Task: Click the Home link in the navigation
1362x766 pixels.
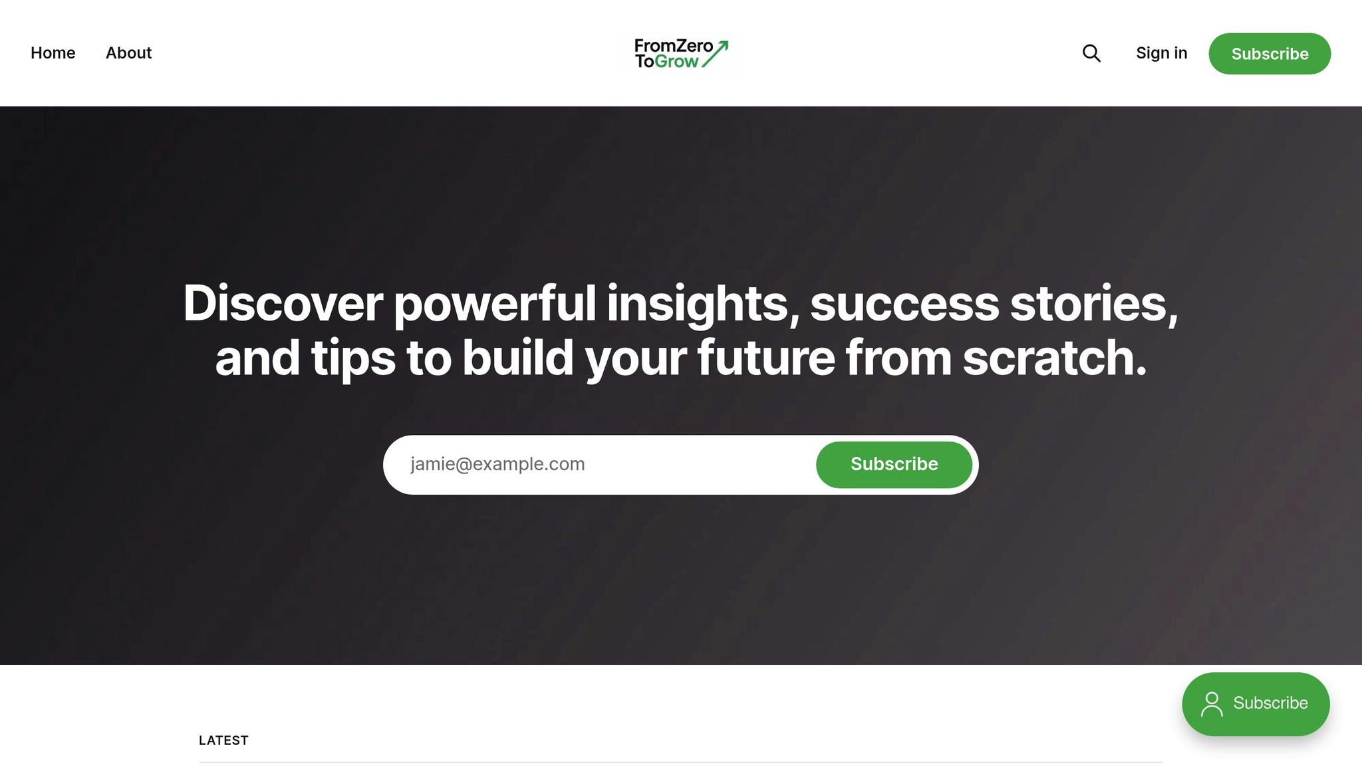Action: click(x=53, y=53)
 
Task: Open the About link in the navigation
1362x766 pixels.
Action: click(x=128, y=53)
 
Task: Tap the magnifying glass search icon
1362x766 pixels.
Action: click(x=1091, y=53)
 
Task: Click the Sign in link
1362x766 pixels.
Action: click(x=1161, y=53)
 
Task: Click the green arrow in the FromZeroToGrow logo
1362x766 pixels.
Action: click(x=716, y=53)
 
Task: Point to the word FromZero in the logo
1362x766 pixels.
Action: click(x=673, y=46)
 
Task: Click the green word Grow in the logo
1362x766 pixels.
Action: click(x=676, y=61)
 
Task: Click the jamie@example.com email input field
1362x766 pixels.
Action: click(x=599, y=464)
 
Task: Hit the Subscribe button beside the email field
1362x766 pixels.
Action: click(x=894, y=464)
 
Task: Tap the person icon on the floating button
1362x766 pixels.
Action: click(x=1212, y=704)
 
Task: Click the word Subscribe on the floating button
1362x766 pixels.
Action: click(x=1270, y=703)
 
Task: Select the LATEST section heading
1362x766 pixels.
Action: click(x=223, y=740)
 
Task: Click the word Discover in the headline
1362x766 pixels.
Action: click(x=283, y=303)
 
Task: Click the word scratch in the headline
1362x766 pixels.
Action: click(x=1055, y=358)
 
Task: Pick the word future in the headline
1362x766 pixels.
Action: click(x=765, y=358)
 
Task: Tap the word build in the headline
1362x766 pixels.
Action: click(x=517, y=358)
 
